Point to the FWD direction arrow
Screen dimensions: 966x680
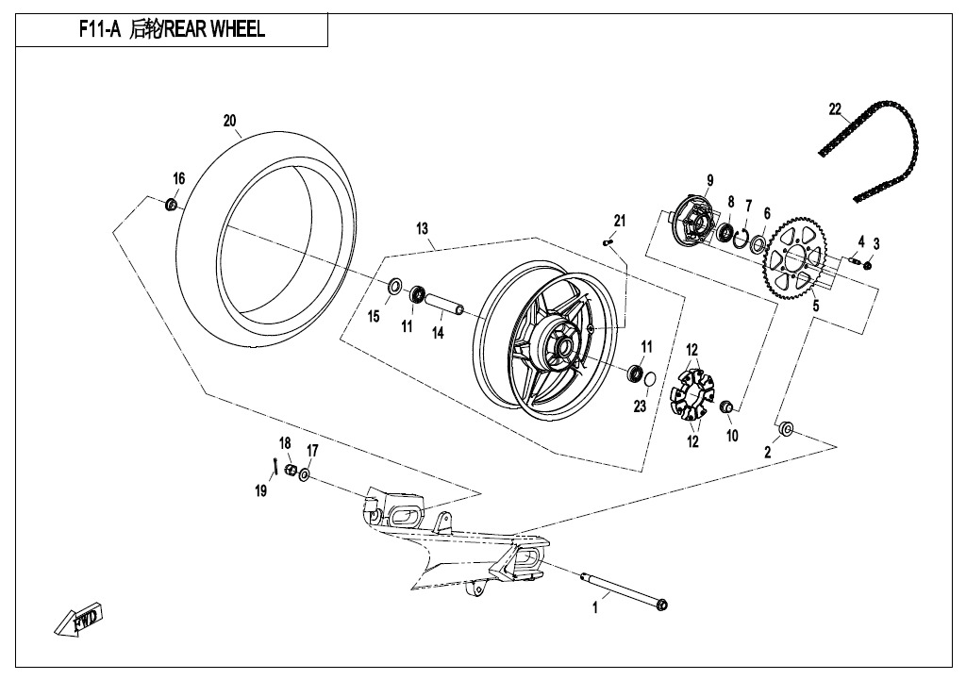point(79,618)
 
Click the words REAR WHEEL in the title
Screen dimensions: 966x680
point(214,29)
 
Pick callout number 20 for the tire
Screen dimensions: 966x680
point(229,121)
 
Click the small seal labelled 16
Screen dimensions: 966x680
point(172,204)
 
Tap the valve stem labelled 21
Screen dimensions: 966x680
point(608,242)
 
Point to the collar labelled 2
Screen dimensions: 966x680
point(786,429)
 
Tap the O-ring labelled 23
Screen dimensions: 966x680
point(649,380)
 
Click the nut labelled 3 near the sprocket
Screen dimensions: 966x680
point(868,265)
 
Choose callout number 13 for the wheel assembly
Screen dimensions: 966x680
point(422,229)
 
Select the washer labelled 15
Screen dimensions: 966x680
point(394,287)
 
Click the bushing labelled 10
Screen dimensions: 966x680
point(725,406)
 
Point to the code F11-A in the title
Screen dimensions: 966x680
point(99,29)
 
